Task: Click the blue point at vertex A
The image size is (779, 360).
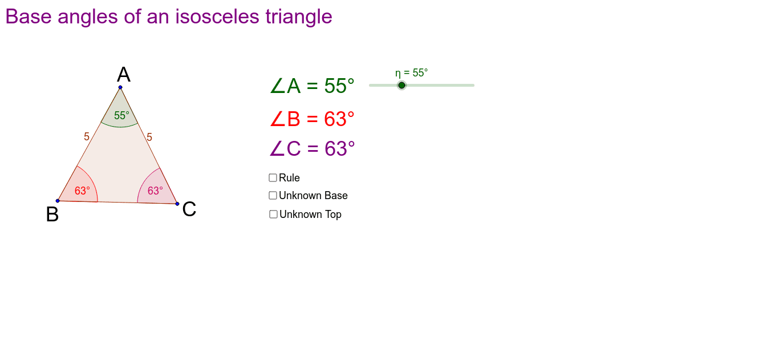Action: [x=120, y=87]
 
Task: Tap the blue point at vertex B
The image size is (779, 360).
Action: [x=58, y=201]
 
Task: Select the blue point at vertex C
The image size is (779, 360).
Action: [x=177, y=204]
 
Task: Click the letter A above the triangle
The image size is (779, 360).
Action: [x=124, y=75]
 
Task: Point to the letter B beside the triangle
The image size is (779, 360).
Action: [x=52, y=215]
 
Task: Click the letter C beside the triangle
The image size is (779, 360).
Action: [x=189, y=209]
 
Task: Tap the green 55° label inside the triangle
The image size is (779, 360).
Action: [x=121, y=116]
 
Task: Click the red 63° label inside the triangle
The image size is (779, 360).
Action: [x=82, y=191]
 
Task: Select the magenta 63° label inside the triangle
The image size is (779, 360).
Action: [x=155, y=191]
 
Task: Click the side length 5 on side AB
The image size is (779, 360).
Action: [x=87, y=137]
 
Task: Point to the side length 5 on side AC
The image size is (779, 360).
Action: [x=149, y=137]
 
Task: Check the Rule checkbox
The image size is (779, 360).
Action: [x=273, y=178]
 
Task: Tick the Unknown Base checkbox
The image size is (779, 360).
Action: [x=273, y=196]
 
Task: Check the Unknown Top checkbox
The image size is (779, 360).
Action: [x=274, y=215]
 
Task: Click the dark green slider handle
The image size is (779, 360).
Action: [x=401, y=86]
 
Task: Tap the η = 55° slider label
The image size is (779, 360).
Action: [x=411, y=73]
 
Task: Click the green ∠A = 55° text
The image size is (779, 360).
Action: [x=312, y=86]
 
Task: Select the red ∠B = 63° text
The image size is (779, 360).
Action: [x=312, y=119]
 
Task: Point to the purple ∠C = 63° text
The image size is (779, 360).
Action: [x=312, y=149]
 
